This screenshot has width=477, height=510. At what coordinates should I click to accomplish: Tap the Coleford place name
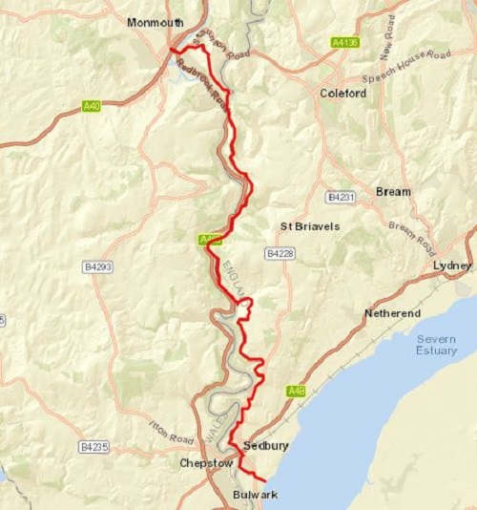click(x=340, y=94)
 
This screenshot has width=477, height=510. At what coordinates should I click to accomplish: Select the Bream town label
click(x=393, y=192)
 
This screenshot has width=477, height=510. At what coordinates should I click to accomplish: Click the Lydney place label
click(x=452, y=265)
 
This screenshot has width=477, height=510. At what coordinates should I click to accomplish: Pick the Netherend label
click(x=390, y=313)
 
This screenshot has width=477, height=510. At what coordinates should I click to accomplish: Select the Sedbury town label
click(x=266, y=446)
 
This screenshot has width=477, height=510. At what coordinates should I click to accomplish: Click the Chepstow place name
click(x=205, y=463)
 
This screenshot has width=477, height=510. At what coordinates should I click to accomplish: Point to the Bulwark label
click(x=256, y=495)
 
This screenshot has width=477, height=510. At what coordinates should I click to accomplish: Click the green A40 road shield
click(x=91, y=106)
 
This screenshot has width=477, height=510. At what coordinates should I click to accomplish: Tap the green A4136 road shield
click(x=345, y=43)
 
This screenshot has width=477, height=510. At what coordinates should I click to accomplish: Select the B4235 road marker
click(x=93, y=446)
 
